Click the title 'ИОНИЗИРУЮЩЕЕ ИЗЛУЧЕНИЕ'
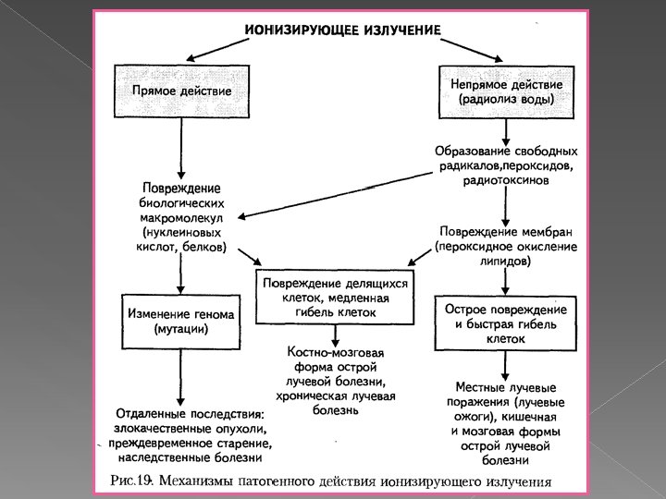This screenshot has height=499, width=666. tap(342, 29)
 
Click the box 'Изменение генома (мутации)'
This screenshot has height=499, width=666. tap(181, 321)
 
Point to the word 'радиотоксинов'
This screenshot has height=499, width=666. tap(506, 181)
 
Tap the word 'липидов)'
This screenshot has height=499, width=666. tap(505, 262)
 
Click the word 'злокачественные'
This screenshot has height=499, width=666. tap(152, 428)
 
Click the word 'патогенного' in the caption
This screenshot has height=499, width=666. tap(270, 481)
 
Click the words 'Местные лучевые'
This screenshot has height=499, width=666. tap(505, 388)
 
